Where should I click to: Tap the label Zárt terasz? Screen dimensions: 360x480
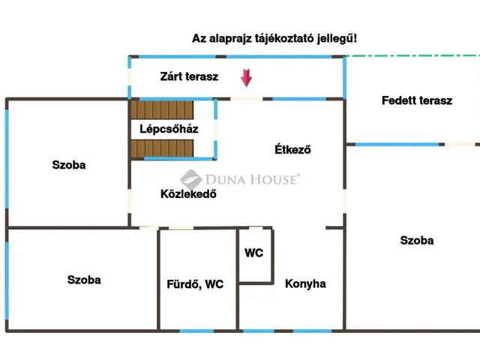[189, 76]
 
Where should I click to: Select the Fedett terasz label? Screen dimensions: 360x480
[416, 100]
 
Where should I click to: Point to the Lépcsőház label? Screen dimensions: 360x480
[169, 128]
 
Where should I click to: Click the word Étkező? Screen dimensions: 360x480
[292, 149]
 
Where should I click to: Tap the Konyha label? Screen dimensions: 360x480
[305, 283]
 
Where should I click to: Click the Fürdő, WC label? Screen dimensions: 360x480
[195, 284]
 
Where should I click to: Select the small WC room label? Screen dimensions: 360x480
[254, 253]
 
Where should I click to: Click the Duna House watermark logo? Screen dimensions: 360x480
[240, 178]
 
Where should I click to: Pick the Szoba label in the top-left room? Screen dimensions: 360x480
[69, 165]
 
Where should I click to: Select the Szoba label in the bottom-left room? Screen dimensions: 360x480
[84, 280]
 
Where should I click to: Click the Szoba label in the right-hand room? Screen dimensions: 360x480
[417, 241]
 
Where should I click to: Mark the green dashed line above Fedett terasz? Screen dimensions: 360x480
[412, 56]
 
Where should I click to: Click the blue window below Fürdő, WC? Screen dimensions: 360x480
[197, 331]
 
